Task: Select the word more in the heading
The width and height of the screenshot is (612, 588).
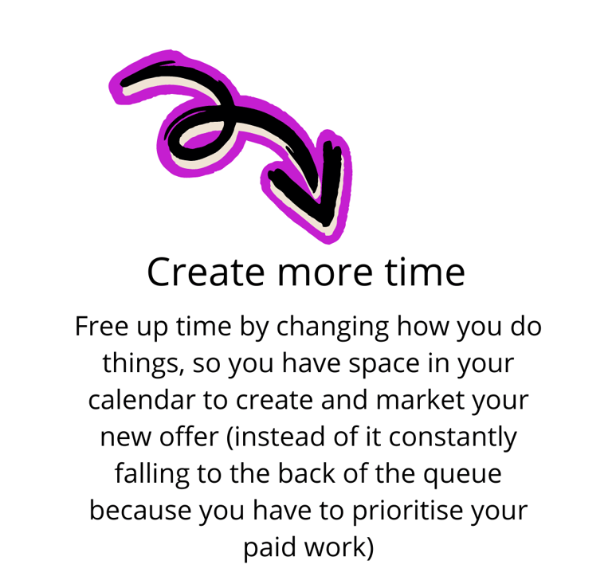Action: pos(325,273)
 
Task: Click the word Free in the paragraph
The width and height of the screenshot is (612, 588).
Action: pos(101,326)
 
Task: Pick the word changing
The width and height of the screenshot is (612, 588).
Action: pos(332,327)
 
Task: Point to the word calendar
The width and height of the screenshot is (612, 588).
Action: pos(141,400)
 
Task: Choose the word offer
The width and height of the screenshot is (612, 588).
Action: pos(189,437)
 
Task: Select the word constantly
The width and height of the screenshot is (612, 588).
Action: pos(453,437)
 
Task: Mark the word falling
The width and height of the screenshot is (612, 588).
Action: pos(152,474)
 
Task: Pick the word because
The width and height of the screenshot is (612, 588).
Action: pos(140,511)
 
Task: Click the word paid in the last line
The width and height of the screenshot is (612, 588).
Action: pos(269,547)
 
